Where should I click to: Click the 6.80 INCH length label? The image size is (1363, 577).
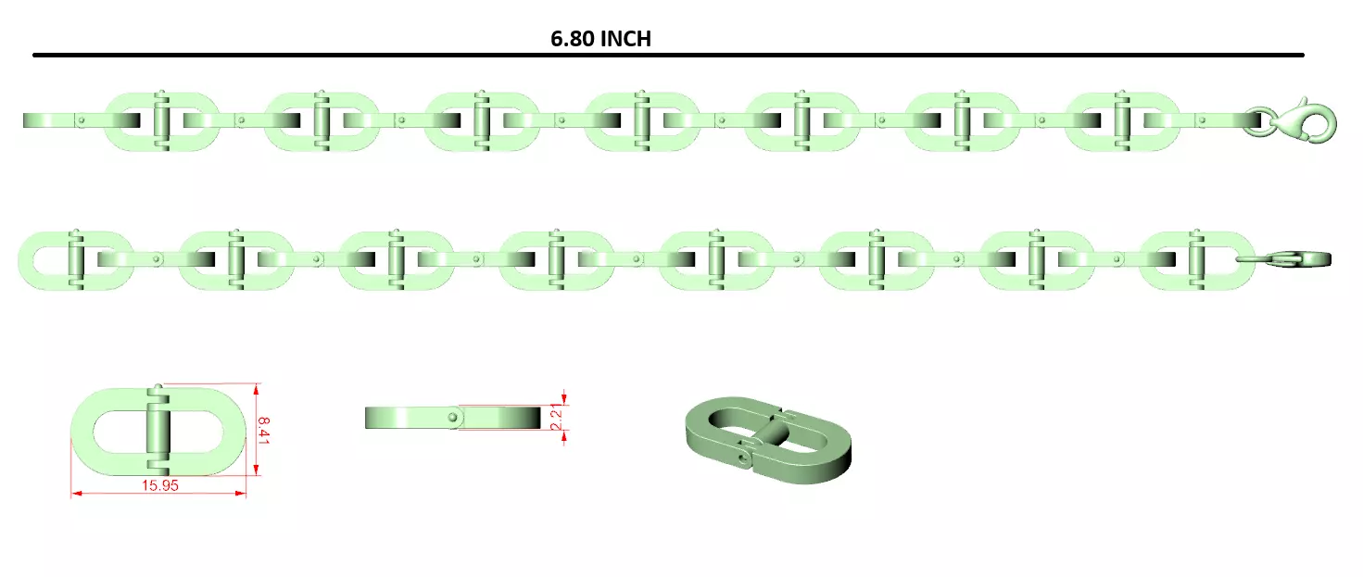pos(600,38)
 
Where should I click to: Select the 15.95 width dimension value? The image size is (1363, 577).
pos(159,485)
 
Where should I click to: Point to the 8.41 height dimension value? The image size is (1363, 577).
pos(263,431)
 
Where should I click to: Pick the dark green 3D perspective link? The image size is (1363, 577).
pos(765,441)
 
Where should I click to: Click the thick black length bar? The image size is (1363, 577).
pos(667,56)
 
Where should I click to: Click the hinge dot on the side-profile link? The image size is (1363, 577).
pos(452,418)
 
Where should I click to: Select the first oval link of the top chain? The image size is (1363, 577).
pos(162,121)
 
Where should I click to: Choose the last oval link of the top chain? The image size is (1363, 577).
pos(1122,121)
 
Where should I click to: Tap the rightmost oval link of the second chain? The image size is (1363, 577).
pos(1196,259)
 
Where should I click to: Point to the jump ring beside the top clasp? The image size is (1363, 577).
pos(1256,121)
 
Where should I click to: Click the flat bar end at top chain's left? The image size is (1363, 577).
pos(42,120)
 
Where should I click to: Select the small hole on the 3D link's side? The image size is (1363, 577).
pos(742,456)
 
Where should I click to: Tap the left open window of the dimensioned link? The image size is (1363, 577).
pos(119,431)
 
